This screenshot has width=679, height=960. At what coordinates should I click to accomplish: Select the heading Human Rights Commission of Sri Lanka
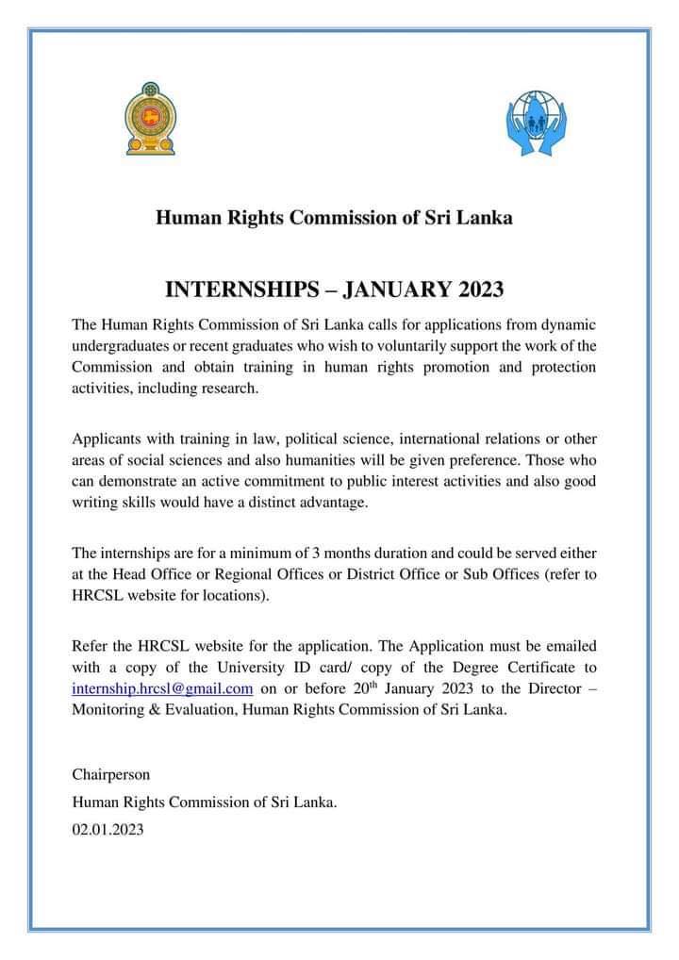[x=334, y=218]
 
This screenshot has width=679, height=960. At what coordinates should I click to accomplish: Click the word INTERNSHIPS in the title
[x=242, y=288]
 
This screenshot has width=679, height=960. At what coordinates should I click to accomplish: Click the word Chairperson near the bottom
[x=110, y=774]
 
